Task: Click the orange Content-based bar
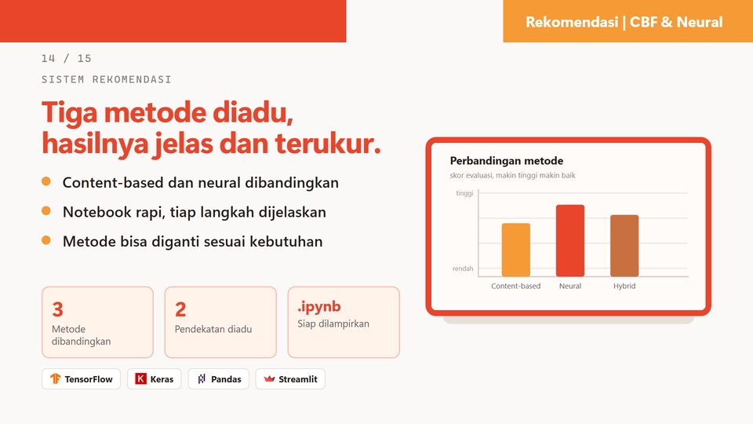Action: coord(516,250)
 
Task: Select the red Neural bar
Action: coord(570,241)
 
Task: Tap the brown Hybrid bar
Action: coord(624,246)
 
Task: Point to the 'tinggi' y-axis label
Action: coord(464,193)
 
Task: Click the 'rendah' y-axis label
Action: coord(463,269)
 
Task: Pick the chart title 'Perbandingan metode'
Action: coord(507,160)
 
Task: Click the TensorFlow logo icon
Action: coord(55,378)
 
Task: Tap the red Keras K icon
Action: coord(140,378)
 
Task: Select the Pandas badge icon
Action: coord(202,378)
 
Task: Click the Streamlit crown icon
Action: coord(269,378)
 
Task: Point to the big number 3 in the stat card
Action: coord(57,309)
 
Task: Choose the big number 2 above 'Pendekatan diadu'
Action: coord(180,309)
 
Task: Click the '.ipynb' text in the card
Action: coord(319,307)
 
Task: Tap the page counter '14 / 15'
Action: coord(66,59)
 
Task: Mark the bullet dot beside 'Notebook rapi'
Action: coord(46,210)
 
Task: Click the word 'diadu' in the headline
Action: coord(253,112)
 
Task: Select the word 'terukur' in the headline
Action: coord(328,143)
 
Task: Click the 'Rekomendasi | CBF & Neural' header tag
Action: coord(624,22)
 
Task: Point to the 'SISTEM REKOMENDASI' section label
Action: coord(106,79)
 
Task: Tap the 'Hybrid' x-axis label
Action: coord(624,286)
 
